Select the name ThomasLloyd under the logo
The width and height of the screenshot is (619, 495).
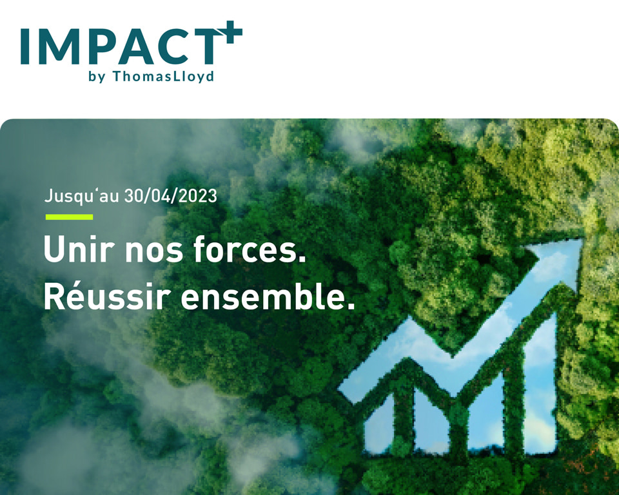[x=163, y=76]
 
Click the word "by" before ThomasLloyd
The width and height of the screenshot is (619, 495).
[x=97, y=77]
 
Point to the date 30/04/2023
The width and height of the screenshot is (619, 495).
[x=170, y=196]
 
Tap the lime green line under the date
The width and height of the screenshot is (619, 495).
[x=69, y=217]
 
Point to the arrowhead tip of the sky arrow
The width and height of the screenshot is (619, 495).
[x=583, y=239]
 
